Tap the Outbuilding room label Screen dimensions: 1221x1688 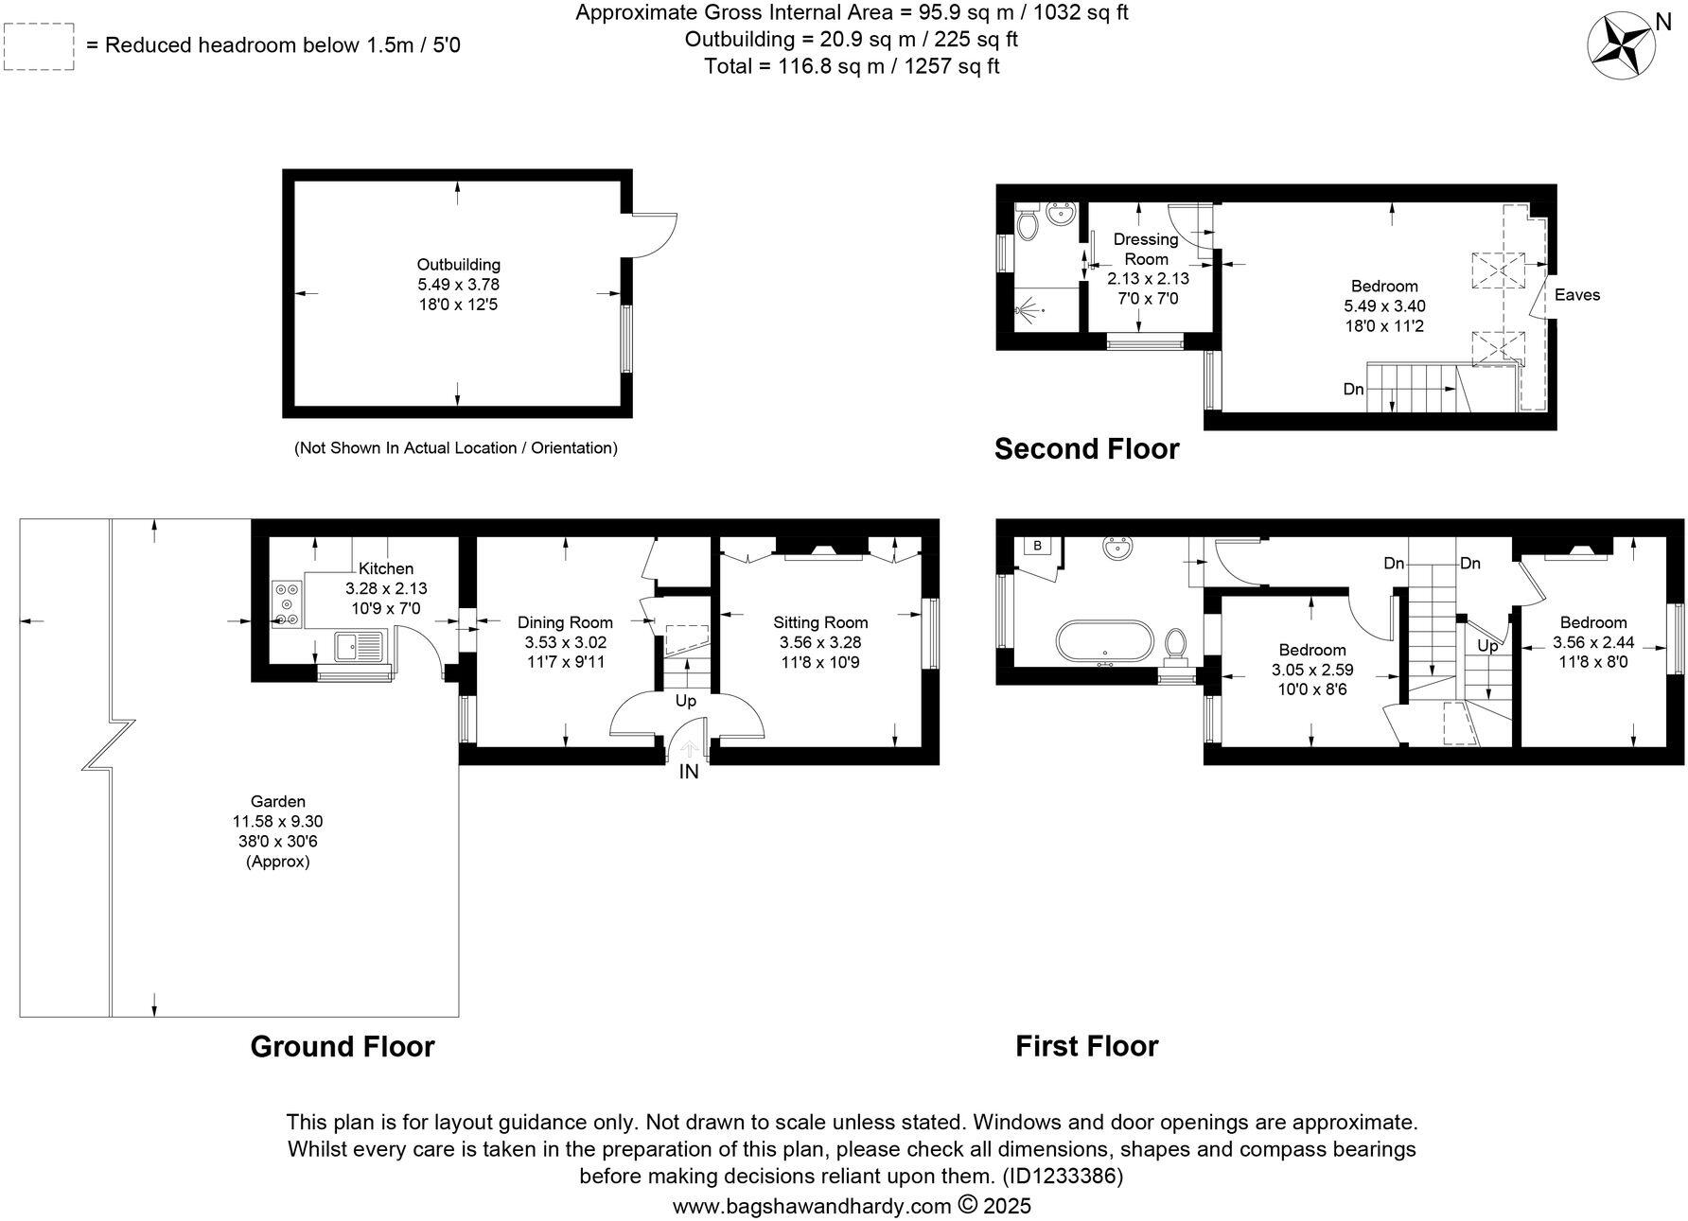pyautogui.click(x=458, y=265)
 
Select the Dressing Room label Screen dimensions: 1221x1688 pyautogui.click(x=1146, y=249)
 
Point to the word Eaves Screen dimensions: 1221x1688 pyautogui.click(x=1576, y=295)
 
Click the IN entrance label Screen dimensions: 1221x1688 pyautogui.click(x=688, y=772)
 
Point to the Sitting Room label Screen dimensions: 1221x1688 pyautogui.click(x=819, y=622)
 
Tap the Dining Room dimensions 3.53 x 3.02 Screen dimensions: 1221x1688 pyautogui.click(x=565, y=642)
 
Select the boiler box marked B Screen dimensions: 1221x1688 pyautogui.click(x=1038, y=546)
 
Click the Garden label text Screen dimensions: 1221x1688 pyautogui.click(x=277, y=801)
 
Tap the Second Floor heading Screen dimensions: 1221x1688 pyautogui.click(x=1086, y=448)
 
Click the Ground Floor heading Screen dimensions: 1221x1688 pyautogui.click(x=342, y=1046)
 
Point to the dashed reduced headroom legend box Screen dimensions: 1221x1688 pyautogui.click(x=39, y=45)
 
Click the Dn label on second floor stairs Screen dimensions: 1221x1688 pyautogui.click(x=1353, y=389)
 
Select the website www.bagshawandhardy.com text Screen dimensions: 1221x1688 pyautogui.click(x=811, y=1206)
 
